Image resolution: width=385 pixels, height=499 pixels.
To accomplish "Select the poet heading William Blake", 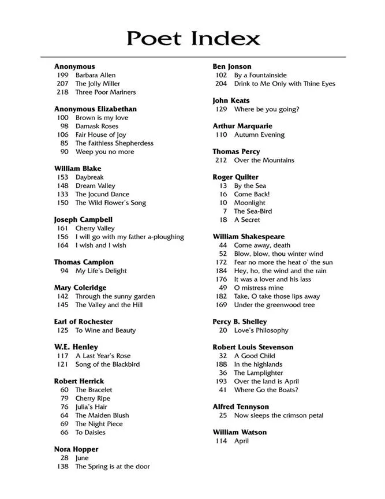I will click(77, 169).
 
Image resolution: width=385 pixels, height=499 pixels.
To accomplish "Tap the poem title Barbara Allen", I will click(95, 75).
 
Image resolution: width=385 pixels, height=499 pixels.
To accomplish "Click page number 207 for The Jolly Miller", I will click(62, 84).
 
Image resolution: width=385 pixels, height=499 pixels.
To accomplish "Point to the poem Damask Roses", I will click(96, 126).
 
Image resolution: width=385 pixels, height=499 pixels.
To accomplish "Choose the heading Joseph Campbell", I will click(83, 220).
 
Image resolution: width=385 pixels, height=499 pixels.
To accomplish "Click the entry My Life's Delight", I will click(100, 271).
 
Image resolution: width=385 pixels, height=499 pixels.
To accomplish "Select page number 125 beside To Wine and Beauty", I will click(62, 330).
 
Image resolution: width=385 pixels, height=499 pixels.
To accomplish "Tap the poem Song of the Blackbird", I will click(107, 364).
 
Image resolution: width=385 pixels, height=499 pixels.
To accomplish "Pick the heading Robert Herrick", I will click(79, 381).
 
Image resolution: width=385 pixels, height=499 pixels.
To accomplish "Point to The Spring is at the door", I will click(113, 467).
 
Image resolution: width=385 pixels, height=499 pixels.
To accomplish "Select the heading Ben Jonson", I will click(232, 66).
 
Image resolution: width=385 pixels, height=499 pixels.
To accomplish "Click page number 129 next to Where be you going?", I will click(221, 109).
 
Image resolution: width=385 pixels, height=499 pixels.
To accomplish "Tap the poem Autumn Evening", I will click(259, 135).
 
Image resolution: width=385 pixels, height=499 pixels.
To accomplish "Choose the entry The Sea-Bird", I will click(253, 211).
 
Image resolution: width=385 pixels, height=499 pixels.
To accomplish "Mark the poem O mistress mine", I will click(259, 288).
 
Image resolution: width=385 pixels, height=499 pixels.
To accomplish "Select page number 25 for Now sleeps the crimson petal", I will click(223, 415).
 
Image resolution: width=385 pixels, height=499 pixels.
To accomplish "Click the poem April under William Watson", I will click(241, 441).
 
